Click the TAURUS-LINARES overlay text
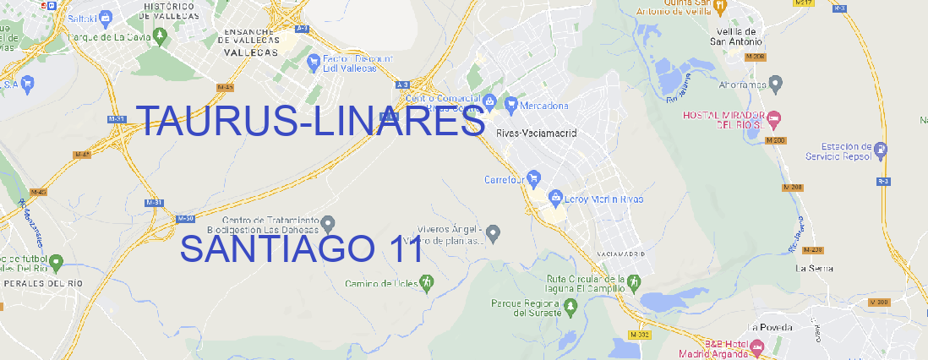[310, 122]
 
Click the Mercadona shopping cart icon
[511, 104]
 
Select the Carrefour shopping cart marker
[535, 178]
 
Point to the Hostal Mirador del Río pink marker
[782, 117]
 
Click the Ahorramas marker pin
[776, 83]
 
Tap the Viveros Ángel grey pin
[495, 232]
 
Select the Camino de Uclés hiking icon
[427, 281]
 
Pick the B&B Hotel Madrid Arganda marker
[757, 346]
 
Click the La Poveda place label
[769, 327]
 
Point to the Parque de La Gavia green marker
[57, 37]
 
